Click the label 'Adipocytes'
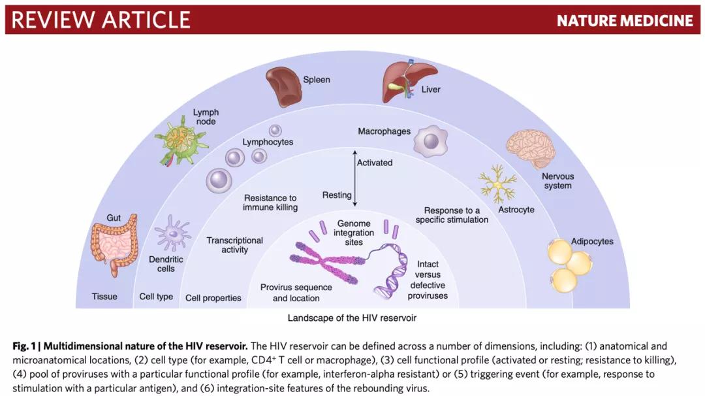(592, 242)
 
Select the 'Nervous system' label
(557, 181)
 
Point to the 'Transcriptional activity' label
(235, 245)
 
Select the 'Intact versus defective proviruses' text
(428, 280)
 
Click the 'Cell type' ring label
(157, 297)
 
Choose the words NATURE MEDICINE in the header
(625, 21)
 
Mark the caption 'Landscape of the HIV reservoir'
(352, 318)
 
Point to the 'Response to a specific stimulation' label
(452, 215)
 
